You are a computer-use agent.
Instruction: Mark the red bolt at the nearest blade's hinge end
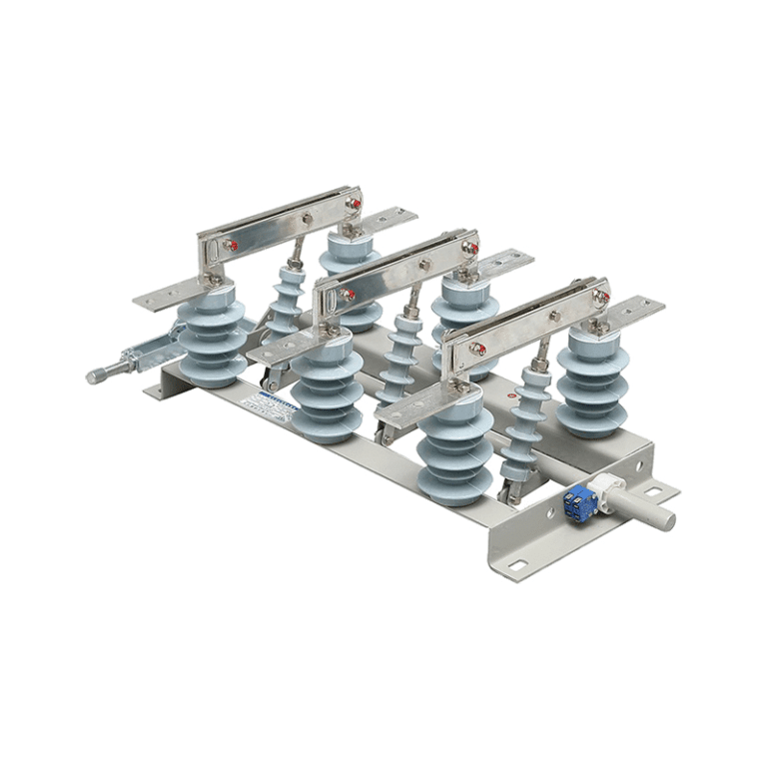click(479, 349)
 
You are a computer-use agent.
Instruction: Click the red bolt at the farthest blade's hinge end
click(230, 245)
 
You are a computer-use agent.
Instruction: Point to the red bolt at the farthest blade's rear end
click(353, 203)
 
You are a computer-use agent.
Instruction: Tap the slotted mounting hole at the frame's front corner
click(515, 566)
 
